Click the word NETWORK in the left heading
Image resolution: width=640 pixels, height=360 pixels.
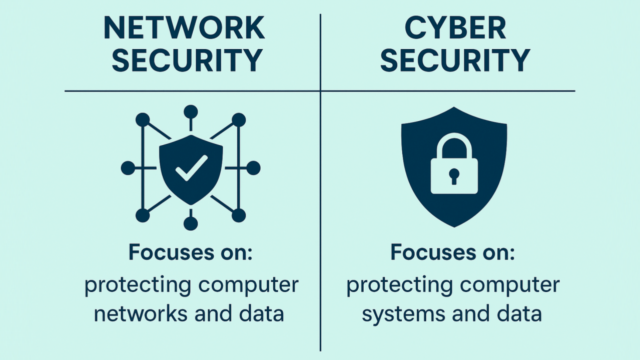[x=184, y=27]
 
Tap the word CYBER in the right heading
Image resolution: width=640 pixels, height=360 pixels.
[x=455, y=27]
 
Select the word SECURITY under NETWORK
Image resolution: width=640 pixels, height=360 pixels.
[x=187, y=60]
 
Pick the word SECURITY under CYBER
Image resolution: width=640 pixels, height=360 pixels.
[x=455, y=60]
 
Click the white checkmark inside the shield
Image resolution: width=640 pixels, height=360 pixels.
[x=192, y=168]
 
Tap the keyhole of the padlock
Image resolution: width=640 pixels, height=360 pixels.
[x=454, y=176]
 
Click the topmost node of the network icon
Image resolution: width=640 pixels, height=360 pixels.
[x=191, y=111]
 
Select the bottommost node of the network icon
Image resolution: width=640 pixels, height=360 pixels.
[x=191, y=223]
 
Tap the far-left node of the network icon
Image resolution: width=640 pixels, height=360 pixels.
[x=128, y=168]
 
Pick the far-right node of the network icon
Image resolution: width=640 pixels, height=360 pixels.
[x=253, y=168]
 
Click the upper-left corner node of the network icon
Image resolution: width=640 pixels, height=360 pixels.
[x=143, y=120]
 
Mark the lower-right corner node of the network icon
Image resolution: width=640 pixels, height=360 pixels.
[x=239, y=215]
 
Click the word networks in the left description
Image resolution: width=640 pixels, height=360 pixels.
[x=142, y=313]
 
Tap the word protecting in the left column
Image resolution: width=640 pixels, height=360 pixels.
[x=138, y=285]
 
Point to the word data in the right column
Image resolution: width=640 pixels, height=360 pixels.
[x=519, y=313]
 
